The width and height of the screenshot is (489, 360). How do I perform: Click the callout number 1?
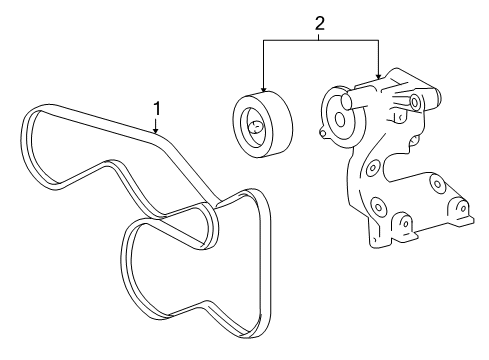156,106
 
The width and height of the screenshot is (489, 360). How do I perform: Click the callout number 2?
319,21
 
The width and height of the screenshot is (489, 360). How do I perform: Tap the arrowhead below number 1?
156,131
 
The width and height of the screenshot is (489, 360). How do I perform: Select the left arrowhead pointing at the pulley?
263,86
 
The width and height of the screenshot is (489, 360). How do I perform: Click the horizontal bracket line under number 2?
320,40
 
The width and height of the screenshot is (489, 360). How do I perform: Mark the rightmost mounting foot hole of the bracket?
463,211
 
